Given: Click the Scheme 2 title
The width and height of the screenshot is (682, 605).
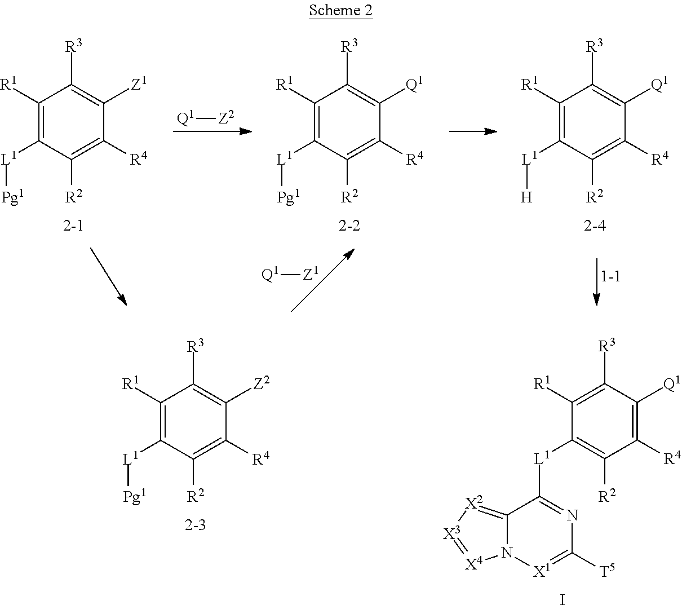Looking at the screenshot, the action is point(340,11).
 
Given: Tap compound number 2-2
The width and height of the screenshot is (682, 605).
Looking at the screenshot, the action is point(348,226).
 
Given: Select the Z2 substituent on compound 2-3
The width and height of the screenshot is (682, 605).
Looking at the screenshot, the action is point(262,385).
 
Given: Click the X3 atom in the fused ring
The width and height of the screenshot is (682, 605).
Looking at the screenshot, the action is point(452,534).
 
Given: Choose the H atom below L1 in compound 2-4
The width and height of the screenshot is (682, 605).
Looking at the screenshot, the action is point(526,197).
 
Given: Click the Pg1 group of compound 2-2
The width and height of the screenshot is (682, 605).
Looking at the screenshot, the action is point(289,197).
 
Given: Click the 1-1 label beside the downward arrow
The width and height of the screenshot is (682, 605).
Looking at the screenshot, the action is point(611,277).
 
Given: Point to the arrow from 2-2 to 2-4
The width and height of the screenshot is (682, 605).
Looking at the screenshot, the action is point(472,132).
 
